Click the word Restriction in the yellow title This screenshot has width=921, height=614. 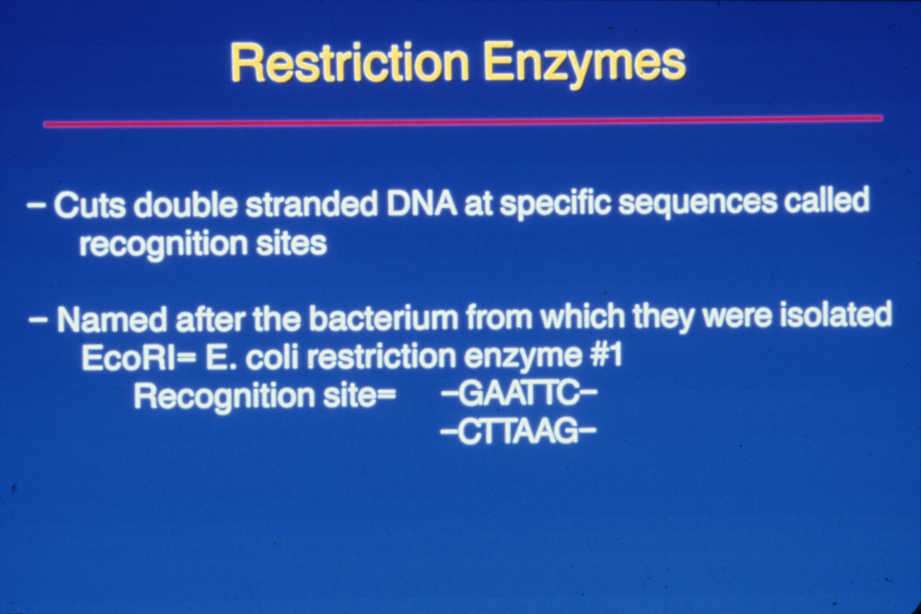349,62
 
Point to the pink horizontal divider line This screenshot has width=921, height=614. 463,121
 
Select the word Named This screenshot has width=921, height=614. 112,319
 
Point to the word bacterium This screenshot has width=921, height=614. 383,317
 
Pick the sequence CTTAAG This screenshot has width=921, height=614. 518,433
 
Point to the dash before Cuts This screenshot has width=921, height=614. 36,205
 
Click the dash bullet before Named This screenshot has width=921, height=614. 38,320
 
